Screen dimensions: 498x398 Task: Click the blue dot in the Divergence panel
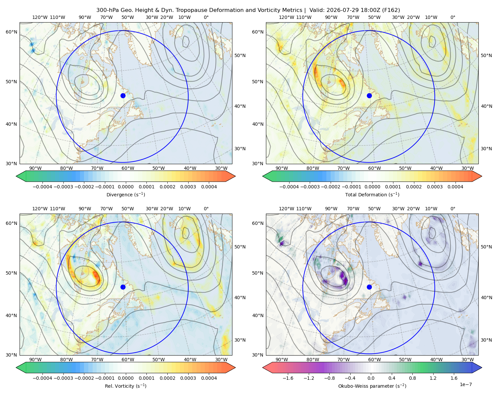tap(123, 96)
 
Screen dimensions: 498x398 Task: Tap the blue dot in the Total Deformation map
tap(369, 96)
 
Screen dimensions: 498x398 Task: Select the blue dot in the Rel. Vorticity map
tap(123, 287)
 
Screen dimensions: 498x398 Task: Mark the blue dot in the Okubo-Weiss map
tap(369, 287)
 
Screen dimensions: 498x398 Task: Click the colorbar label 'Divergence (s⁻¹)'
tap(125, 194)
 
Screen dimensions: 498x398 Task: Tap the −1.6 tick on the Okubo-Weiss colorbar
tap(288, 378)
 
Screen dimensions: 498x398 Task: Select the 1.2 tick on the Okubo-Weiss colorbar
tap(433, 378)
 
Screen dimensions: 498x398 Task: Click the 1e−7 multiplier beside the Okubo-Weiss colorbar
tap(465, 384)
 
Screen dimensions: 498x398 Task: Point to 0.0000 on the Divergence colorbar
tap(125, 187)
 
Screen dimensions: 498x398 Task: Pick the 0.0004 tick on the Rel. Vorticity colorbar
tap(209, 378)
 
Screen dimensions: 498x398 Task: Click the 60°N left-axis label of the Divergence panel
tap(11, 32)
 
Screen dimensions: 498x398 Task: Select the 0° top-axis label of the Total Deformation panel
tap(453, 17)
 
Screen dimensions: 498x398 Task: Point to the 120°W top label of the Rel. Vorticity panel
tap(40, 209)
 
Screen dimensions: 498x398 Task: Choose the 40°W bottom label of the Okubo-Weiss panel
tap(437, 360)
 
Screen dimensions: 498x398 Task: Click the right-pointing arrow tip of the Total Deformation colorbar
tap(482, 176)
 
